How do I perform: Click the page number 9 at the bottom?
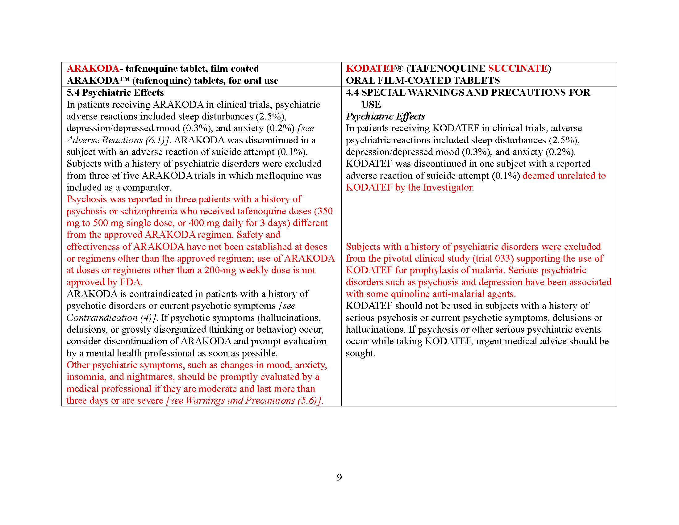(x=339, y=477)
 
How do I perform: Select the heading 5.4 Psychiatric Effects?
(x=115, y=93)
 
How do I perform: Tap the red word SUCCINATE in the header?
(x=518, y=69)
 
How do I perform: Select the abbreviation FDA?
(x=131, y=282)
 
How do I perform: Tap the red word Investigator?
(x=448, y=187)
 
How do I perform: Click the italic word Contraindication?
(x=102, y=318)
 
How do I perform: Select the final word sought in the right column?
(x=360, y=353)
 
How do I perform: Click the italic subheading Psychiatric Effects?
(x=385, y=116)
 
